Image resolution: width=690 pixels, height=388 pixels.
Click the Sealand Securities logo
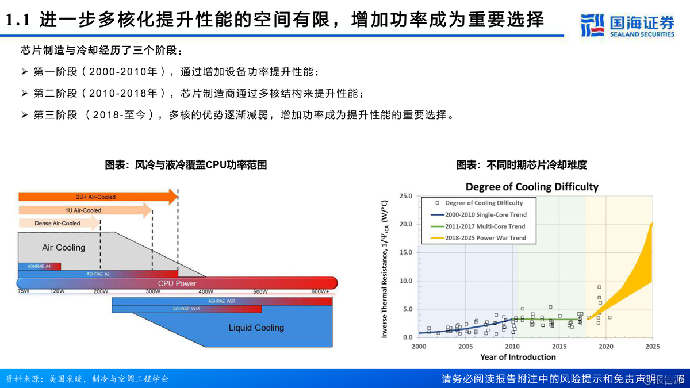click(627, 25)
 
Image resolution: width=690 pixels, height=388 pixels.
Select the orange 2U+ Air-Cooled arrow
click(98, 197)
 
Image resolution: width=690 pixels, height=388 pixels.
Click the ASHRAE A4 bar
click(39, 266)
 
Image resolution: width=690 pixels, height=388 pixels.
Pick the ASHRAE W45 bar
click(186, 309)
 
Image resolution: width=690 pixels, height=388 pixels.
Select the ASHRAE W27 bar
click(221, 301)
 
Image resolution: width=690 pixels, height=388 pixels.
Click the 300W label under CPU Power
click(153, 291)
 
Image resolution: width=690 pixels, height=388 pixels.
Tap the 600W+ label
click(320, 291)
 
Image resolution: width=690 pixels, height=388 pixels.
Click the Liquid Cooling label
click(256, 328)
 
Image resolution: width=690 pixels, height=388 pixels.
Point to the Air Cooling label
click(63, 248)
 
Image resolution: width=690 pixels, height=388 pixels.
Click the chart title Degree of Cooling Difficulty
click(532, 187)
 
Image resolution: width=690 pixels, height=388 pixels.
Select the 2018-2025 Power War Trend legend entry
click(485, 238)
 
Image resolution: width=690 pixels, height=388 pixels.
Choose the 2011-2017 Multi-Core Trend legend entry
click(485, 226)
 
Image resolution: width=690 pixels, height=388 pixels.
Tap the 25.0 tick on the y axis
click(405, 196)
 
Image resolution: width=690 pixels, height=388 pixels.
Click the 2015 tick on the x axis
click(559, 347)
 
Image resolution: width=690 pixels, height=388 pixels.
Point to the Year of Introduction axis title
click(518, 357)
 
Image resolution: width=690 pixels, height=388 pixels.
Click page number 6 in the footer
click(681, 379)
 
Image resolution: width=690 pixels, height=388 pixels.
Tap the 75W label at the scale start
click(24, 291)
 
